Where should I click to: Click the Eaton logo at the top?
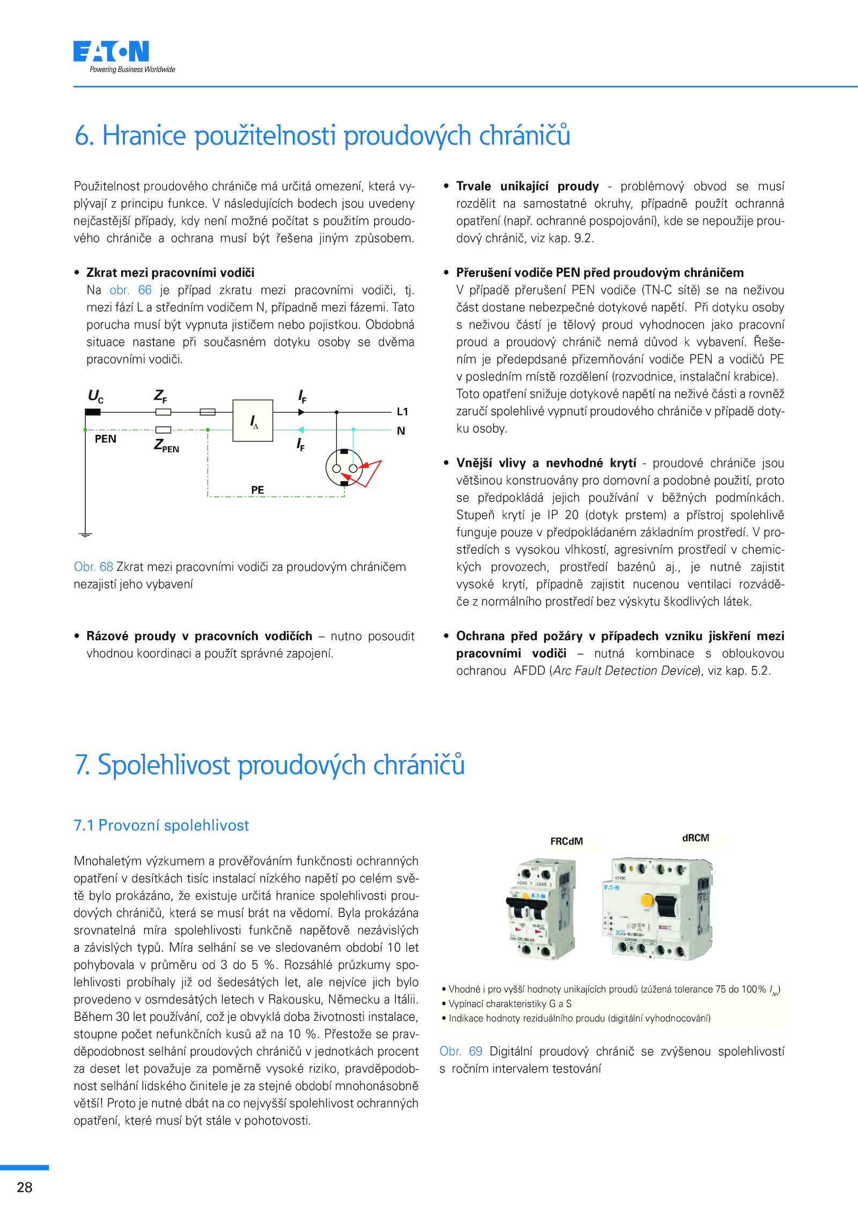(112, 52)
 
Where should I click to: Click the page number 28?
(25, 1187)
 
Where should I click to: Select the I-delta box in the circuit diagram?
(253, 421)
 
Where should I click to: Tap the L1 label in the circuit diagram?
(402, 411)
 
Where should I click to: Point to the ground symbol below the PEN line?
(85, 534)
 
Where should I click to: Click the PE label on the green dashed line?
(257, 490)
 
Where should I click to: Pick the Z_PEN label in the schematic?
(166, 445)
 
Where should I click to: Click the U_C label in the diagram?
(95, 396)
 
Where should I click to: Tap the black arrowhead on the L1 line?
(301, 412)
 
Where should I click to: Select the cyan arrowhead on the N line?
(301, 430)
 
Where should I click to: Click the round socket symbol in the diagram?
(344, 468)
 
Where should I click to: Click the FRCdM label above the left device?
(566, 841)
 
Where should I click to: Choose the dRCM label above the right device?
(696, 837)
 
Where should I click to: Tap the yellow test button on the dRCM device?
(647, 900)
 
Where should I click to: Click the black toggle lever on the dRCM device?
(667, 906)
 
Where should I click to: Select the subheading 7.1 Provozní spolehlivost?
(161, 825)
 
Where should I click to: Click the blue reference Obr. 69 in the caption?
(461, 1051)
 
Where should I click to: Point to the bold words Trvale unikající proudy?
(527, 186)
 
